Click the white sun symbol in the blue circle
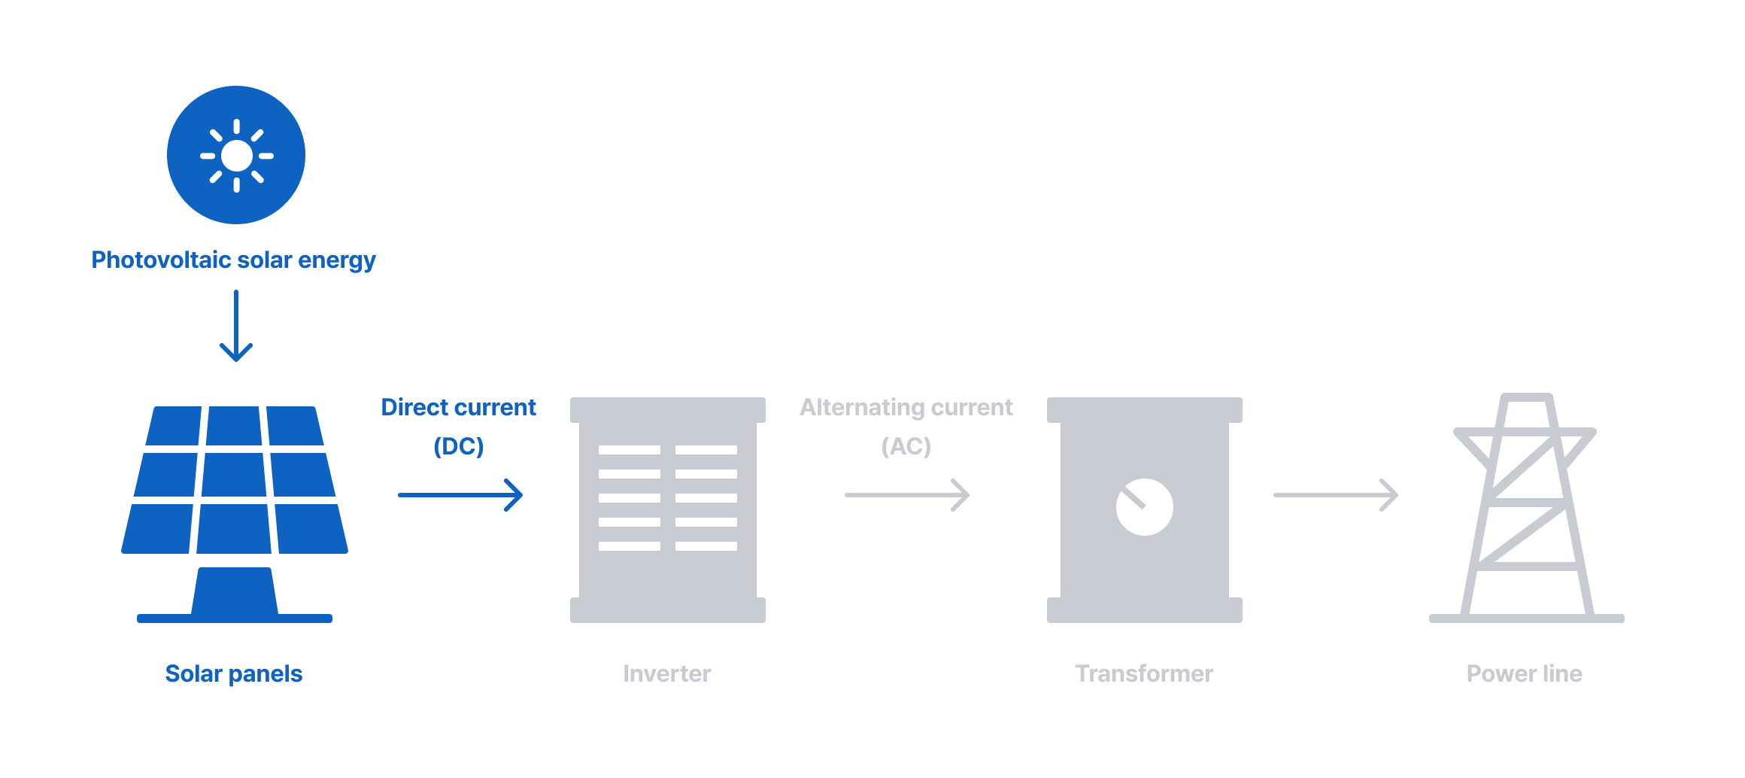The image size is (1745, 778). [236, 156]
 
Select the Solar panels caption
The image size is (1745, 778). [233, 673]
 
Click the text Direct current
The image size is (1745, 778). [458, 408]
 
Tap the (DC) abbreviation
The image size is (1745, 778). [458, 447]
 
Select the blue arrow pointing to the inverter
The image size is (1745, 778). [460, 495]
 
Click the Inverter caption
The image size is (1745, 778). [666, 673]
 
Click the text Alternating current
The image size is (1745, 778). [906, 408]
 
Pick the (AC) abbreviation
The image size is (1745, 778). [906, 447]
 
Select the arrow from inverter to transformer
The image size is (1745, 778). [907, 495]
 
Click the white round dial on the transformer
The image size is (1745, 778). [1144, 507]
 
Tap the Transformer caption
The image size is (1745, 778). [1143, 673]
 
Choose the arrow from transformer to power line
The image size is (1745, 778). [1336, 495]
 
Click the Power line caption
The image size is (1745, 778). [1524, 673]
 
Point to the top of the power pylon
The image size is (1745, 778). [1526, 398]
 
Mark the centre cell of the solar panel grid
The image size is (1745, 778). [234, 474]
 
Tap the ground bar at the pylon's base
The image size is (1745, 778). [1526, 618]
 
